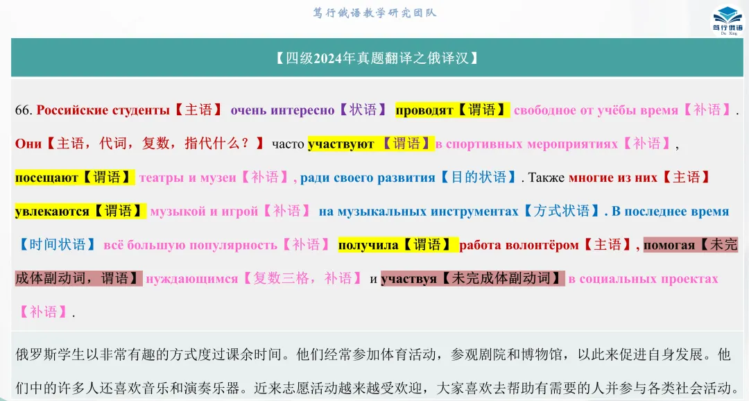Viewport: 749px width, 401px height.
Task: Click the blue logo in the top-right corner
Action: pyautogui.click(x=727, y=18)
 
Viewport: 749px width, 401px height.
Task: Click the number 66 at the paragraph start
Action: pyautogui.click(x=23, y=110)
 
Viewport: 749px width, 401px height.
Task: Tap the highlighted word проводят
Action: pyautogui.click(x=424, y=110)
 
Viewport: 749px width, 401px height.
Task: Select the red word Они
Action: pyautogui.click(x=28, y=144)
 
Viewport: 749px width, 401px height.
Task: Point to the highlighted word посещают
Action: pyautogui.click(x=46, y=178)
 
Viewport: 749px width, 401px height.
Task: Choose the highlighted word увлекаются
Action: pyautogui.click(x=52, y=211)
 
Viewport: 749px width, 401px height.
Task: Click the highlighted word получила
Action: pyautogui.click(x=368, y=244)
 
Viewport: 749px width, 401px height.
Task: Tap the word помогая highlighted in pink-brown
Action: pyautogui.click(x=669, y=244)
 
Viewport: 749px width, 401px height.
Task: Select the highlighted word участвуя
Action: pyautogui.click(x=409, y=278)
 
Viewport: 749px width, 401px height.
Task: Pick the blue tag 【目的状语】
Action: pyautogui.click(x=479, y=178)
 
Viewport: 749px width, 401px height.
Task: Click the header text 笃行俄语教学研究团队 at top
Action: pyautogui.click(x=374, y=12)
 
